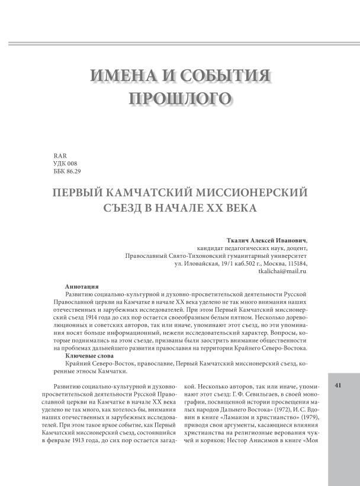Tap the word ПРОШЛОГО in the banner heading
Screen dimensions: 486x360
pyautogui.click(x=180, y=99)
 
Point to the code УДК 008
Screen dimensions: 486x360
pyautogui.click(x=65, y=163)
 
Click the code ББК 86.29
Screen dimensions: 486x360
pyautogui.click(x=67, y=171)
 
